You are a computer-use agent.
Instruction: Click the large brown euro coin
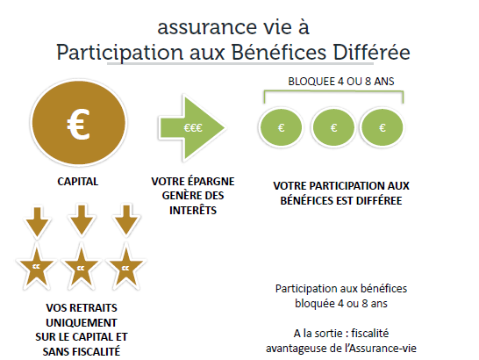[x=79, y=123]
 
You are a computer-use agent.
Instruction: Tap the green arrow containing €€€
[x=192, y=128]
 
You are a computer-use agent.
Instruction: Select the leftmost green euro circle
[x=281, y=127]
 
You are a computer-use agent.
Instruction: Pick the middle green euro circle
[x=333, y=127]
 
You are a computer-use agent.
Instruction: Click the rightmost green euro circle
[x=382, y=127]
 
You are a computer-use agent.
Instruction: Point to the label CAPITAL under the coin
[x=78, y=182]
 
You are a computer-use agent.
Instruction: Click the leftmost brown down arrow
[x=37, y=222]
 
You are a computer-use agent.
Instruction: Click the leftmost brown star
[x=37, y=268]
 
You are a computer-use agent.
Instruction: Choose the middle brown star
[x=81, y=268]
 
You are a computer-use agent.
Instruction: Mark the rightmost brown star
[x=125, y=268]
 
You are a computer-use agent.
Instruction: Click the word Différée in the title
[x=371, y=53]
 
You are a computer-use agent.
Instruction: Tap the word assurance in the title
[x=207, y=27]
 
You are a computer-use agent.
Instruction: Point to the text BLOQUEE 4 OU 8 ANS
[x=341, y=82]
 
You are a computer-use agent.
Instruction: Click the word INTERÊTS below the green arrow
[x=193, y=210]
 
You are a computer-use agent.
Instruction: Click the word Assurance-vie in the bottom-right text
[x=382, y=349]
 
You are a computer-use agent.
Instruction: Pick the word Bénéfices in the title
[x=279, y=53]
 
